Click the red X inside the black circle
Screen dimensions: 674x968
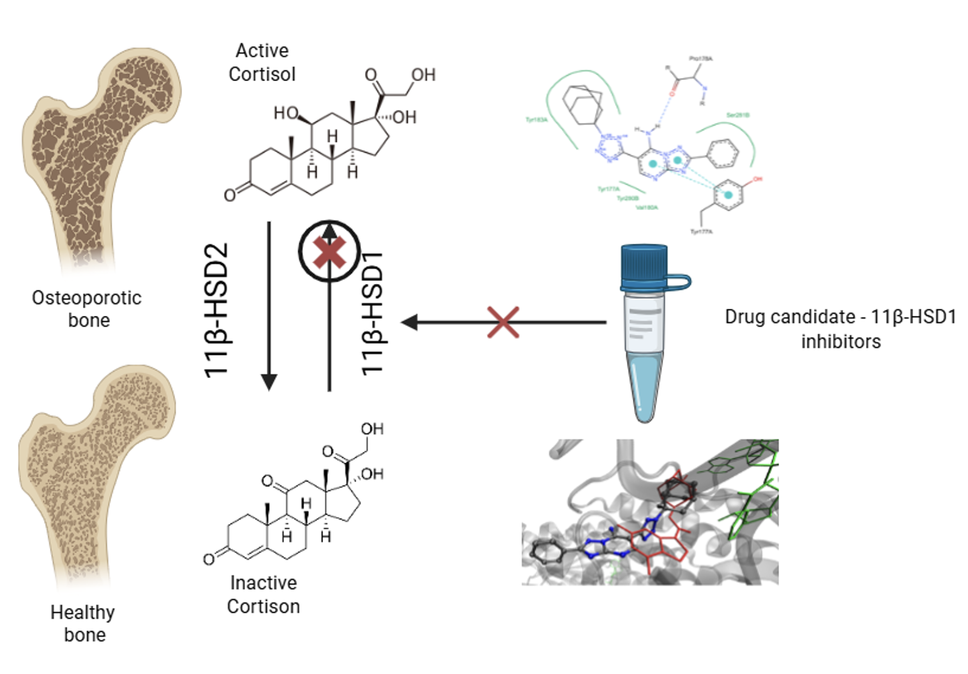[x=329, y=252]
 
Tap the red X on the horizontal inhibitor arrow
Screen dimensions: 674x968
[x=503, y=322]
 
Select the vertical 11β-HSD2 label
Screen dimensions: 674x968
[x=216, y=311]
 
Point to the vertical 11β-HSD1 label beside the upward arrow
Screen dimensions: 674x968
[x=373, y=313]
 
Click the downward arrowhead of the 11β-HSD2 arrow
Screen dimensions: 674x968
[x=269, y=382]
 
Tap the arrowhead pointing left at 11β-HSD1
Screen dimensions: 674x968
[x=409, y=322]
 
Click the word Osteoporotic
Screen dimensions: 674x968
[x=87, y=298]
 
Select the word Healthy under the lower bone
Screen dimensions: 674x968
[x=82, y=613]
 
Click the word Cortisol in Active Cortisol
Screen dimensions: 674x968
[x=262, y=74]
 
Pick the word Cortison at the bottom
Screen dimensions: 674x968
[x=263, y=606]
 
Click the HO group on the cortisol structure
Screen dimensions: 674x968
[x=285, y=113]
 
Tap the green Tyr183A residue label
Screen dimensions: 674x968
[x=536, y=120]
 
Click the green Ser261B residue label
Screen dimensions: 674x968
[x=737, y=115]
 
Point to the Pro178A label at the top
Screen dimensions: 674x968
[x=700, y=59]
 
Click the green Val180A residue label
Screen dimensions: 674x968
[x=646, y=207]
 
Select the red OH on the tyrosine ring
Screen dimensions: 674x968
[x=757, y=179]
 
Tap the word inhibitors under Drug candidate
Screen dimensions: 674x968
[x=841, y=341]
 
